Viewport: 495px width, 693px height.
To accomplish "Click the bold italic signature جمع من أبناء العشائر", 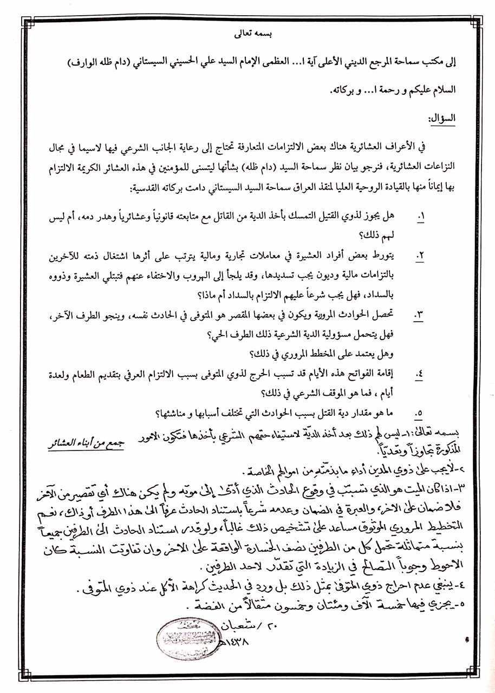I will [x=85, y=443].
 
